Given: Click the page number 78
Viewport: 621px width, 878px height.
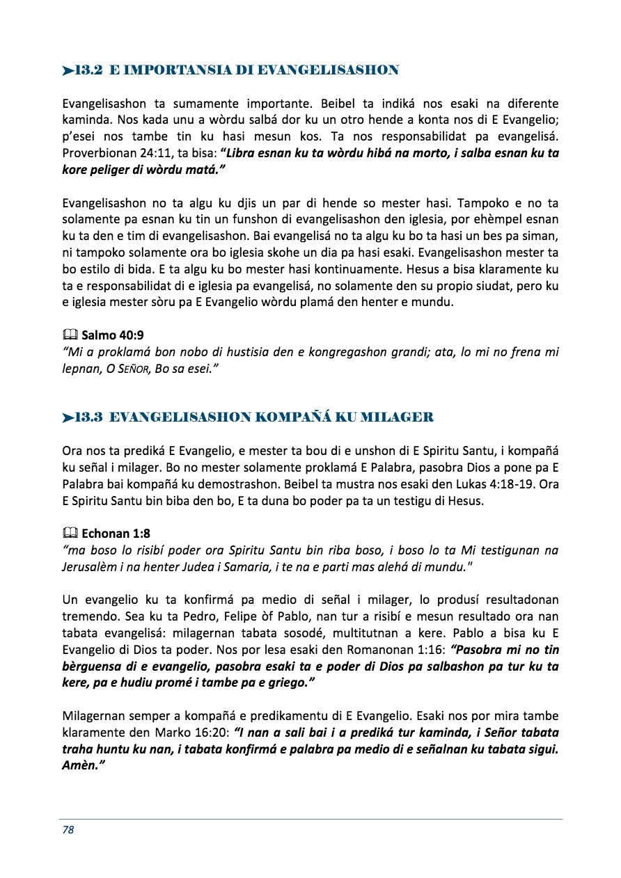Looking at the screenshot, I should (x=68, y=830).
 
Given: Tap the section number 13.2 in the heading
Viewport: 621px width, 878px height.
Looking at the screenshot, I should (x=89, y=70).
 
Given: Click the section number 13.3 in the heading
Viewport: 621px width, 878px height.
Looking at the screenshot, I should (x=89, y=417).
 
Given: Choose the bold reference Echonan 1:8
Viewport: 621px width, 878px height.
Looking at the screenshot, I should (x=116, y=534).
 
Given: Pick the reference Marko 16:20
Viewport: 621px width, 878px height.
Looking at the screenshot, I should (x=196, y=732).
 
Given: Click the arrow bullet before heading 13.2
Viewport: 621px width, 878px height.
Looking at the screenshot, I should (x=68, y=70).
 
